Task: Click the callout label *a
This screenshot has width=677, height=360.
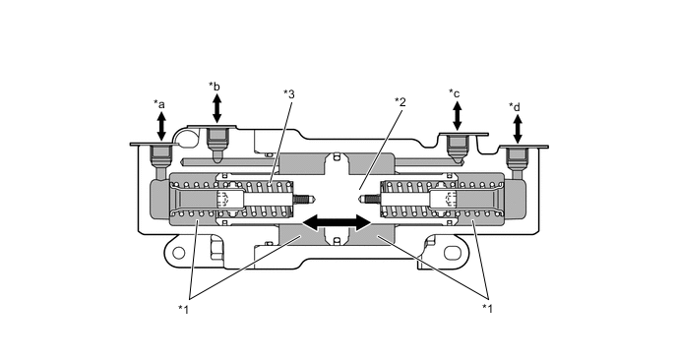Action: [x=159, y=104]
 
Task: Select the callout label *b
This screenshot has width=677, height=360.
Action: [x=215, y=87]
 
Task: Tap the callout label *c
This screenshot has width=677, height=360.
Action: [x=455, y=93]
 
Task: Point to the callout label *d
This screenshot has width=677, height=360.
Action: [x=515, y=106]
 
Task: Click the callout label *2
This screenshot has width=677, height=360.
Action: [x=400, y=102]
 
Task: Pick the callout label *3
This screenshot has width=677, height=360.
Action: [x=289, y=94]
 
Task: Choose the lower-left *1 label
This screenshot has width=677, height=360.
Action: [x=184, y=309]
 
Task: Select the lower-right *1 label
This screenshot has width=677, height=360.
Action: [x=487, y=308]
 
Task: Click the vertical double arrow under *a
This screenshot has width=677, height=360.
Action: [x=161, y=126]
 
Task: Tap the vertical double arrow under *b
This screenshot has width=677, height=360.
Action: [x=217, y=108]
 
